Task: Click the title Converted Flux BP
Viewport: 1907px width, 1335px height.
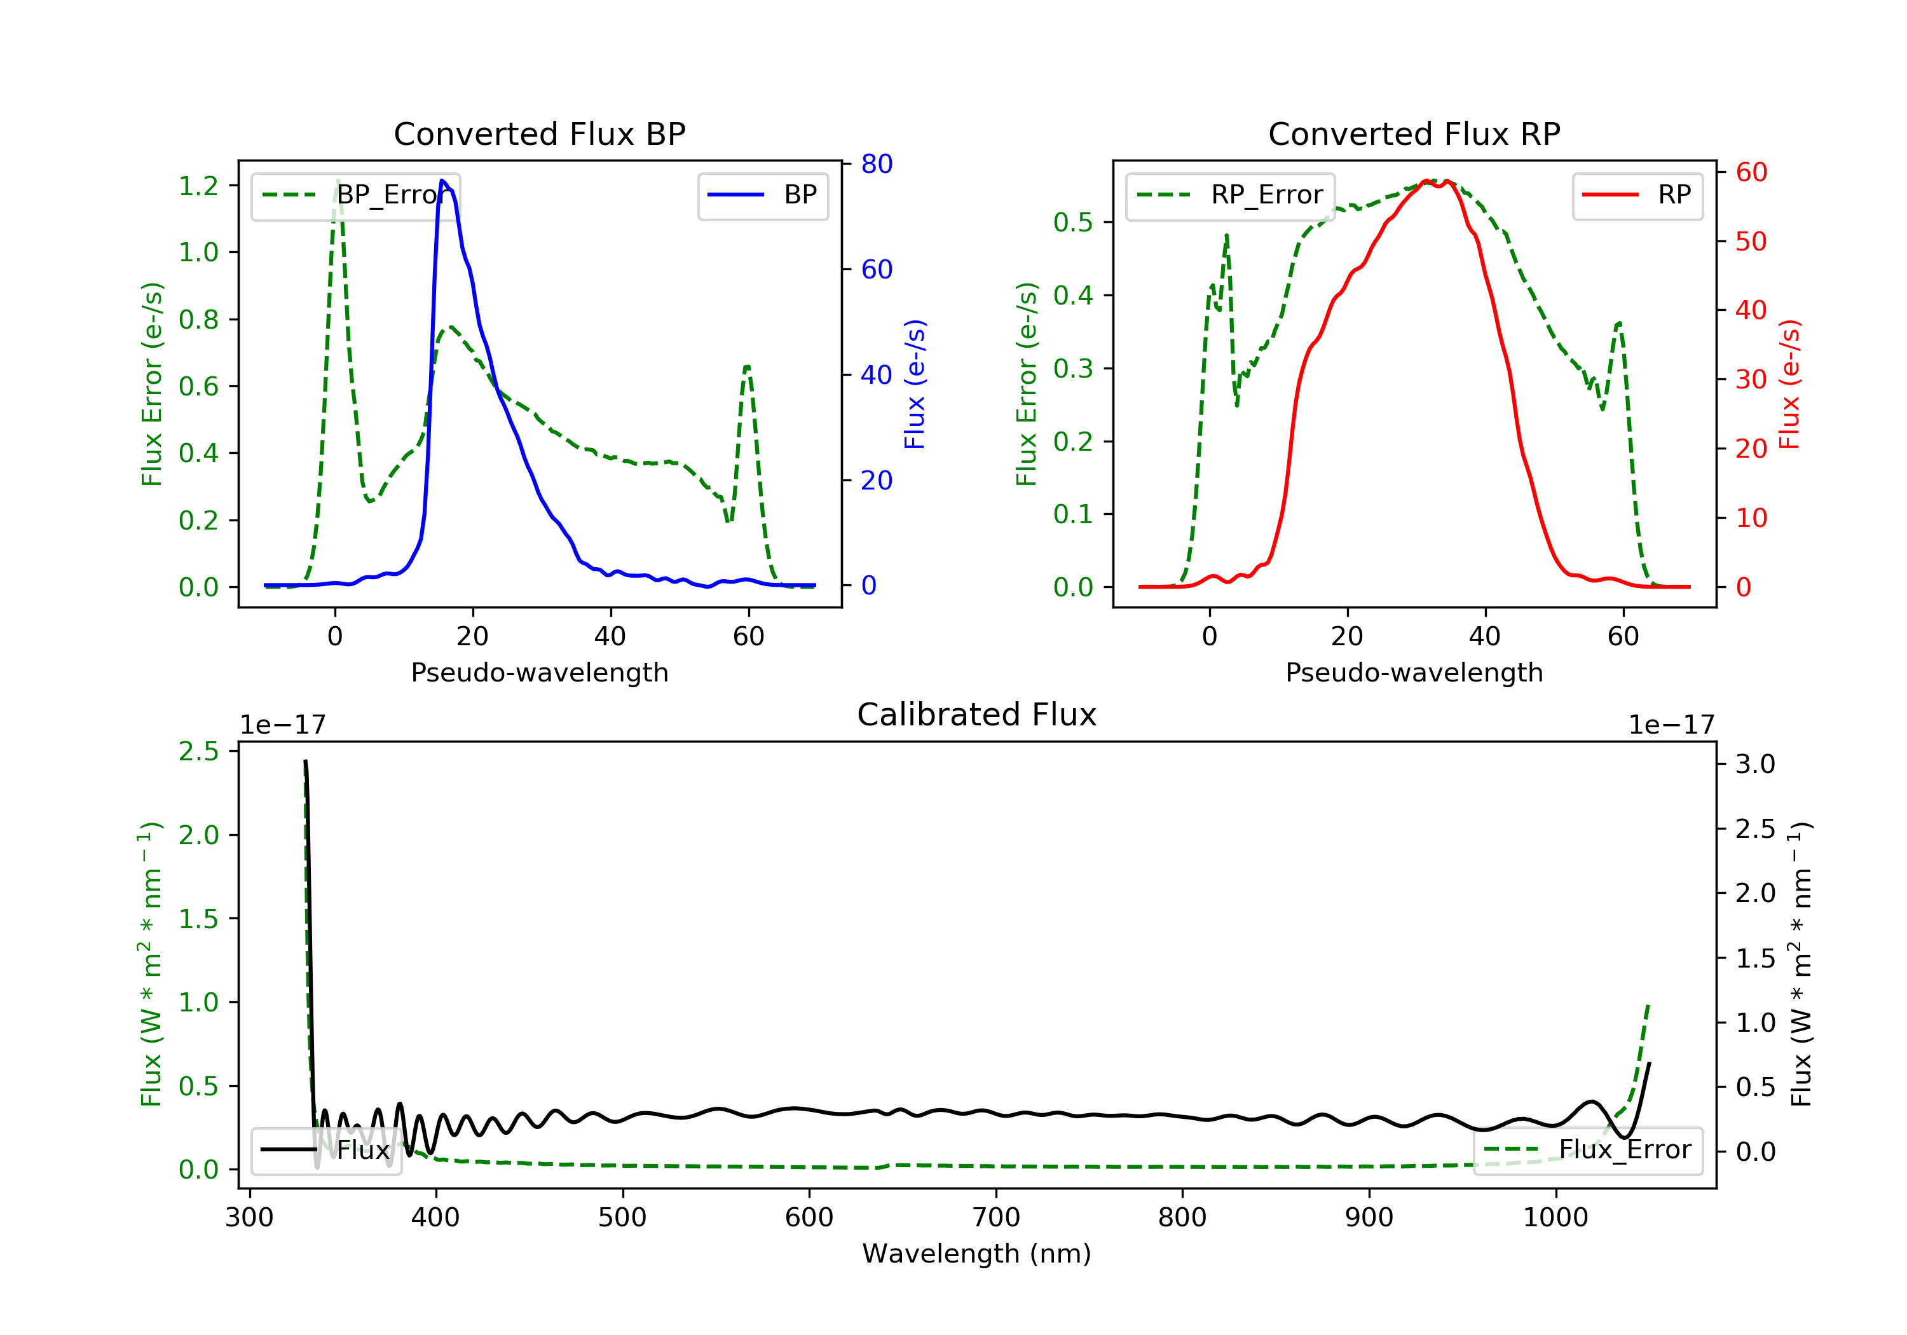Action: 539,133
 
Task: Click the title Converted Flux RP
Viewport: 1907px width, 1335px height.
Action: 1414,133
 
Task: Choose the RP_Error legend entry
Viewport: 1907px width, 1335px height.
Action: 1230,195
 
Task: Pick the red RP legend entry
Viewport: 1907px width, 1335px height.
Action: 1637,195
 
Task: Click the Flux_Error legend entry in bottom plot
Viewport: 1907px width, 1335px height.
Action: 1587,1150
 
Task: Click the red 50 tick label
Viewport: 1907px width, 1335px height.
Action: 1751,242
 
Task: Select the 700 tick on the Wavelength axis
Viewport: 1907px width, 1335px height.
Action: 996,1218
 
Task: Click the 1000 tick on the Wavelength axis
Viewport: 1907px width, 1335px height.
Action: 1555,1218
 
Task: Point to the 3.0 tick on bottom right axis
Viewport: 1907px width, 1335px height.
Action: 1754,764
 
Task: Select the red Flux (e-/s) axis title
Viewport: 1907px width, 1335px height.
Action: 1788,384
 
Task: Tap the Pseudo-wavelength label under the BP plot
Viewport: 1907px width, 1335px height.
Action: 539,672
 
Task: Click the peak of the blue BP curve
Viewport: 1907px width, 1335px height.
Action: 442,181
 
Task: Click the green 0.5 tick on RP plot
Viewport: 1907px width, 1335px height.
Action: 1072,222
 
